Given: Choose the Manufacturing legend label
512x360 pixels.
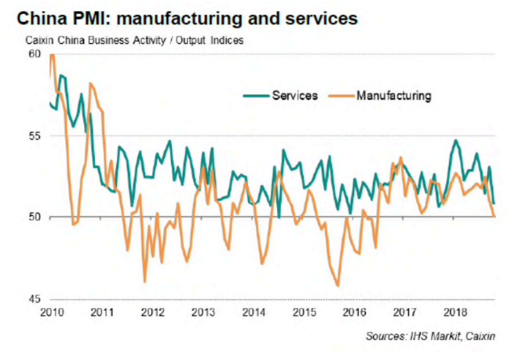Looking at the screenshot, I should click(394, 95).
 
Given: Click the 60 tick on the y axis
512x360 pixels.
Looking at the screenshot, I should click(35, 54).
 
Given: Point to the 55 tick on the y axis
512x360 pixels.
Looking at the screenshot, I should click(35, 136).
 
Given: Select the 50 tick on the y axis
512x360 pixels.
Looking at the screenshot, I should click(35, 217).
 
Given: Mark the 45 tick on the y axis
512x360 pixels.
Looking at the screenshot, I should click(35, 299).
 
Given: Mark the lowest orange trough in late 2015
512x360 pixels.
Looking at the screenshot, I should click(338, 286).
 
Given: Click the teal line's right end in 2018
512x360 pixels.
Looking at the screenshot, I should click(494, 203).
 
